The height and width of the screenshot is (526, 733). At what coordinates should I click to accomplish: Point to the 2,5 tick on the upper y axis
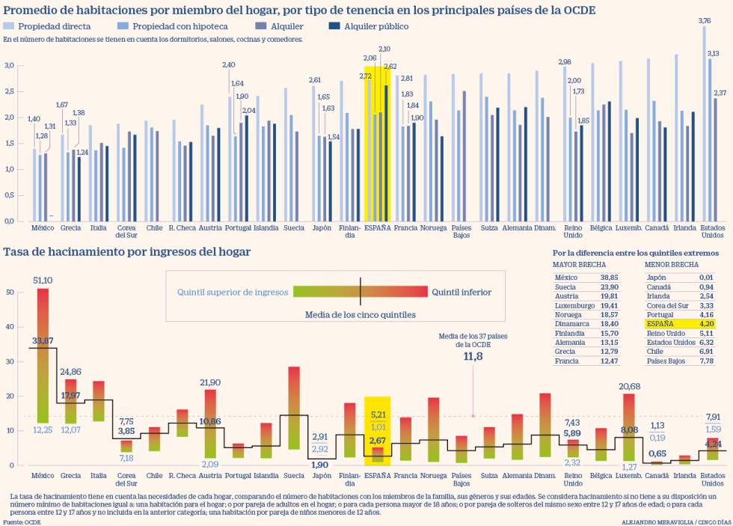point(10,91)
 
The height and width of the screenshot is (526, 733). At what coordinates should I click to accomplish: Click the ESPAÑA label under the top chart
point(378,227)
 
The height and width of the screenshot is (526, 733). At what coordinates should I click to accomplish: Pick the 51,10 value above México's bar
point(43,280)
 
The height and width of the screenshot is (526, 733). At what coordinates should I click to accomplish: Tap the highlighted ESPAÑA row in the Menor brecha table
point(680,324)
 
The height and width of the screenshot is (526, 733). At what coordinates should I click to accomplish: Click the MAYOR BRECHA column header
point(580,265)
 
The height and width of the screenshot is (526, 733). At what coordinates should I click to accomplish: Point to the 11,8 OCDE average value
point(473,357)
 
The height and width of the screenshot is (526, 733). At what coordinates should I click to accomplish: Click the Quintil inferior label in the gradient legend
point(461,292)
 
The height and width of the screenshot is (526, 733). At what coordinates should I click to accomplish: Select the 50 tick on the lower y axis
point(10,292)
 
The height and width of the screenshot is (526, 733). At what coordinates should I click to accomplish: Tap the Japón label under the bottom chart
point(321,475)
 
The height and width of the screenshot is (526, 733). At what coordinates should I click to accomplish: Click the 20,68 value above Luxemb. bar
point(629,386)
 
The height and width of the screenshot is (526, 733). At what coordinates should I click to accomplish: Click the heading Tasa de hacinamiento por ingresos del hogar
point(127,252)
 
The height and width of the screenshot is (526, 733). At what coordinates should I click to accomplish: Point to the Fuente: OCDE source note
point(23,522)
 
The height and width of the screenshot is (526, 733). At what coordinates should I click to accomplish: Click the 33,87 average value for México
point(43,341)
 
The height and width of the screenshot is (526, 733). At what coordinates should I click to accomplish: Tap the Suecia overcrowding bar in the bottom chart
point(294,408)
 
